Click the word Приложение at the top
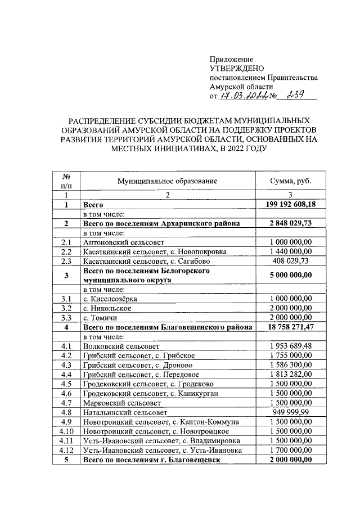click(x=231, y=59)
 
